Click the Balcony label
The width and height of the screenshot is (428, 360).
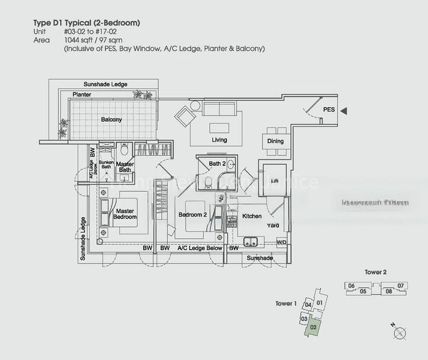[x=111, y=119]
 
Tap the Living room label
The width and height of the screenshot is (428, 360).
[x=219, y=140]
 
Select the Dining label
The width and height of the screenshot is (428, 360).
[x=276, y=142]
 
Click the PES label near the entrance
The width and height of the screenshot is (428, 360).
[x=329, y=110]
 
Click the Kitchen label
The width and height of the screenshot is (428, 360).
[x=252, y=215]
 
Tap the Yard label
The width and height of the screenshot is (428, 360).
[x=273, y=226]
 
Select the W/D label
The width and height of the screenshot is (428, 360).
[x=281, y=242]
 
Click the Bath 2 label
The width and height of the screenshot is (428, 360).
[x=216, y=164]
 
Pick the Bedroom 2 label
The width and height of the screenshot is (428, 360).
[x=192, y=214]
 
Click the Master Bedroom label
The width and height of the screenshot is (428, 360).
[x=125, y=214]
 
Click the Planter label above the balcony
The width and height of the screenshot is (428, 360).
[x=82, y=95]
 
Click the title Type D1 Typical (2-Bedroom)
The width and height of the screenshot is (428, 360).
[x=88, y=23]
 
